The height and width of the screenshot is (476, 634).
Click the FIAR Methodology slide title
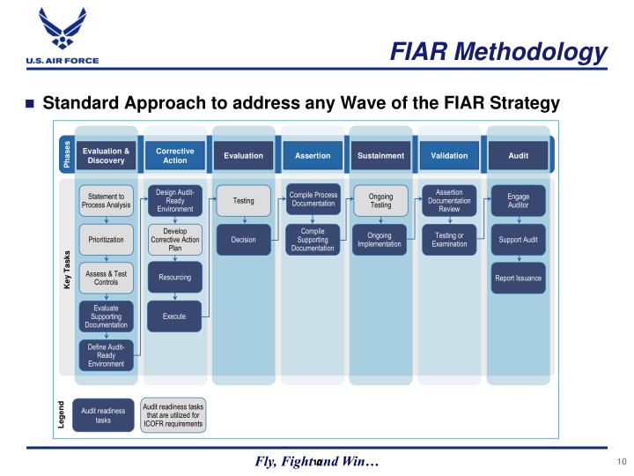[498, 52]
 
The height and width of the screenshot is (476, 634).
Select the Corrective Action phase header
[174, 156]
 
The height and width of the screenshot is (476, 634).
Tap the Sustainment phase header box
[380, 156]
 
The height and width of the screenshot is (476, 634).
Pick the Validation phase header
[449, 156]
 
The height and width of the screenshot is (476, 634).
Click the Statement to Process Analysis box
[106, 201]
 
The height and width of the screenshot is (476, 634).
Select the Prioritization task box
[106, 239]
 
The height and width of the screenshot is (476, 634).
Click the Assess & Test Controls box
[106, 278]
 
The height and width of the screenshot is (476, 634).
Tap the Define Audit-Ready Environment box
[106, 355]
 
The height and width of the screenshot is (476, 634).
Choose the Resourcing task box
[174, 278]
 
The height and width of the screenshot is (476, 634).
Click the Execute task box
[174, 316]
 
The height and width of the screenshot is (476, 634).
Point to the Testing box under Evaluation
[243, 201]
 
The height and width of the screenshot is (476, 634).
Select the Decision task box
[243, 239]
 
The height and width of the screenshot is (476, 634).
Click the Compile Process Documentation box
[313, 199]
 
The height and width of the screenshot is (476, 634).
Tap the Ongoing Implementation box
[380, 239]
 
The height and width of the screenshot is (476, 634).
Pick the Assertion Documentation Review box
[449, 201]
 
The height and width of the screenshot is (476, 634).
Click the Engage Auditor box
[519, 201]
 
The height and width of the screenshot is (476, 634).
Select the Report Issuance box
[519, 278]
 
